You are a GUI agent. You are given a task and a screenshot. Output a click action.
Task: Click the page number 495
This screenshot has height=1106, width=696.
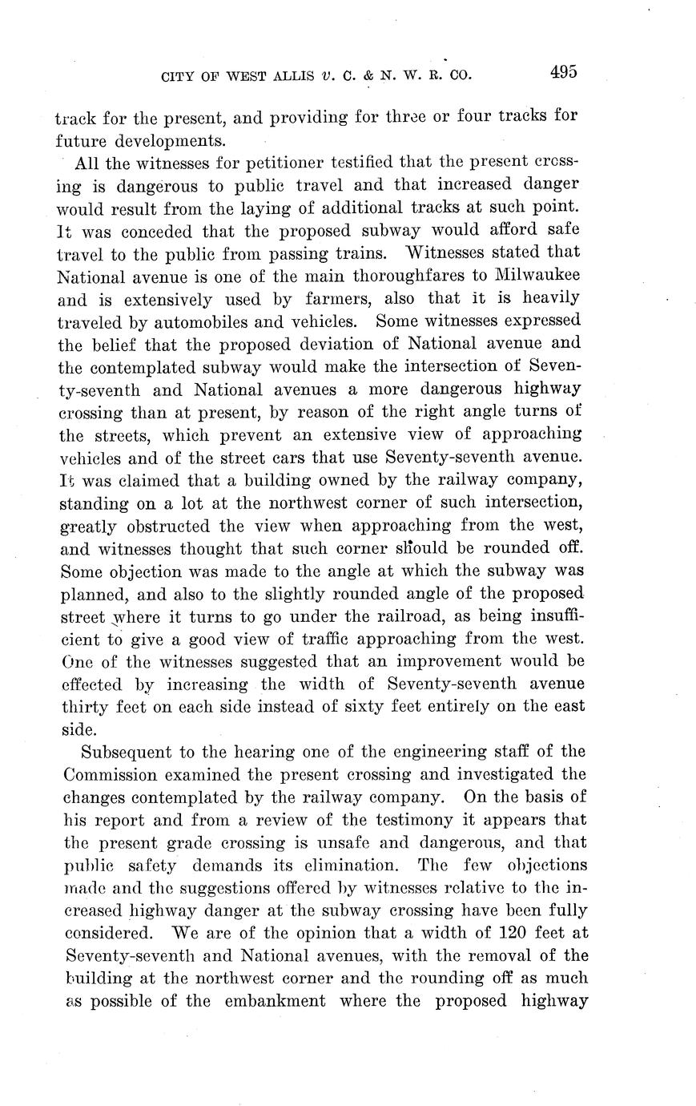coord(563,72)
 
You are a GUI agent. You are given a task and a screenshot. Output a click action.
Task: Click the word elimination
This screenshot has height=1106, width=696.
coord(356,866)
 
